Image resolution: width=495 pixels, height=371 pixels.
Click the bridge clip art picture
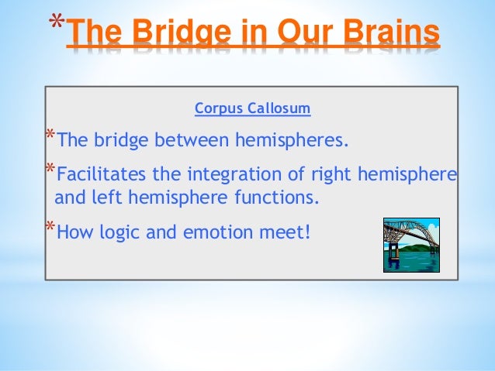pyautogui.click(x=410, y=245)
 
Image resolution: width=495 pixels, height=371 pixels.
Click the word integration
pyautogui.click(x=229, y=171)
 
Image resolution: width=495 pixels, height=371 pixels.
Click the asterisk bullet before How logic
pyautogui.click(x=50, y=226)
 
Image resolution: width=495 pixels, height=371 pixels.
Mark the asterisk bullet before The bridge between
pyautogui.click(x=50, y=137)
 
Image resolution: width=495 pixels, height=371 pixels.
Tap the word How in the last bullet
pyautogui.click(x=74, y=230)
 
